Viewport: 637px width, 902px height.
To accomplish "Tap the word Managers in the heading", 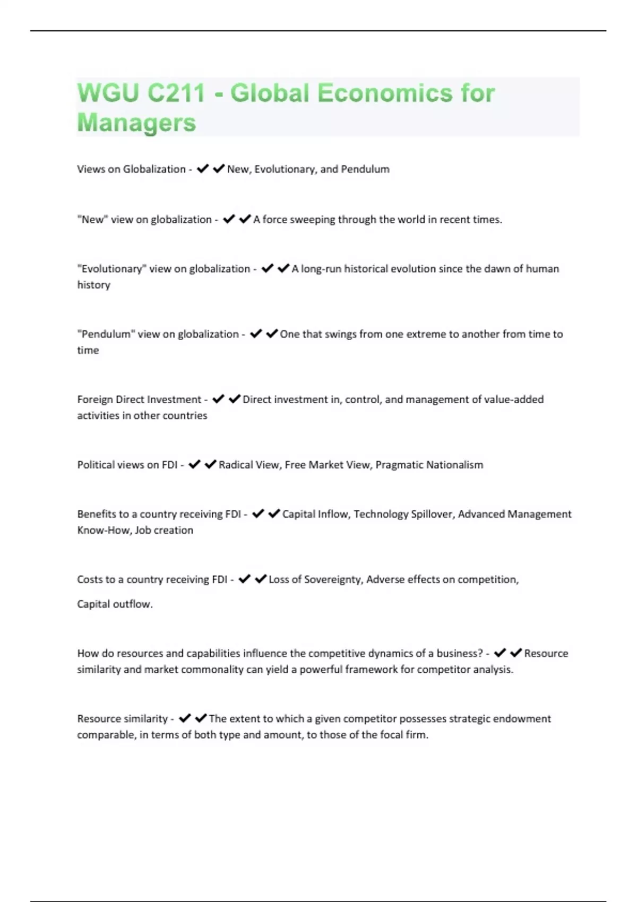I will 136,123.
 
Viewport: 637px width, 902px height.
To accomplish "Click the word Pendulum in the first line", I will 365,169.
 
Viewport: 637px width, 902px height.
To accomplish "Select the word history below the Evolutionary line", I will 93,285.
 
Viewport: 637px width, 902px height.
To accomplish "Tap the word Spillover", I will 429,514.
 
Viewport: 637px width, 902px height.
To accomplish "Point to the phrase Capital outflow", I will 115,604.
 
